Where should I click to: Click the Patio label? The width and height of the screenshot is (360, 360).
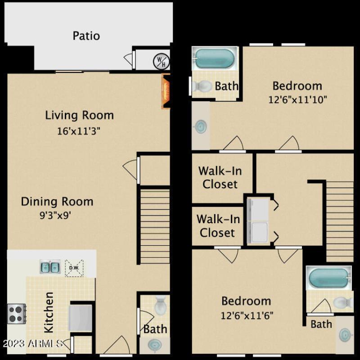coord(86,36)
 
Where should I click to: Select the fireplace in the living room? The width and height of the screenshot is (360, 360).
coord(166,92)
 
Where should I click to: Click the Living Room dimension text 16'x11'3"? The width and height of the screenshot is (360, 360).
coord(79,131)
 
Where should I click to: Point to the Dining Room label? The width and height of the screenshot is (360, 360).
coord(57,201)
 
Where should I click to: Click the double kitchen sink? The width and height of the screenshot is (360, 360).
coord(50,267)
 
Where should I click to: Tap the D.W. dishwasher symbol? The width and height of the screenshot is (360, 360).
coord(74,268)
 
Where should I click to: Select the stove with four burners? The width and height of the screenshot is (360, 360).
coord(17,313)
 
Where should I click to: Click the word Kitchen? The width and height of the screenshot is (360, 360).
coord(49,312)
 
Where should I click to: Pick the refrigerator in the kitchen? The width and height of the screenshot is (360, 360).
coord(81,318)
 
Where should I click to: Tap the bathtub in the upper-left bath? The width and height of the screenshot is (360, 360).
coord(214,59)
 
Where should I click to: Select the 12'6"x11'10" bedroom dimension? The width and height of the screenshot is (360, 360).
coord(297,99)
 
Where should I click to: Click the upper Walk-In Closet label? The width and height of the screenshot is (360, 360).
coord(219,177)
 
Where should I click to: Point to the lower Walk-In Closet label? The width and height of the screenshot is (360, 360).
coord(217,226)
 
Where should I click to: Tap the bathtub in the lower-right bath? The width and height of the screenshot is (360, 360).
coord(328,278)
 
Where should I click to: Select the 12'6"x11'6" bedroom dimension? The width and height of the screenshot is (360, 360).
coord(246,315)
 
